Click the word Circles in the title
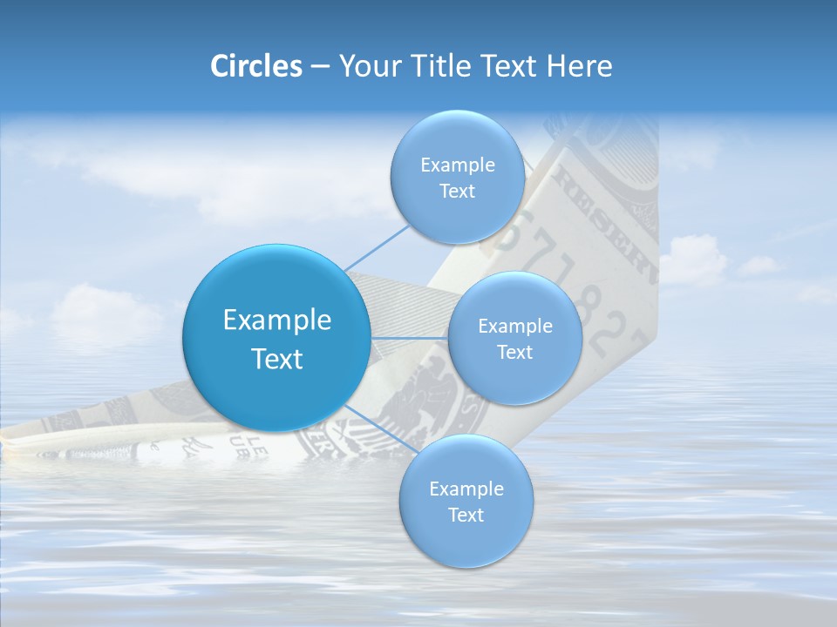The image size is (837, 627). coord(255,65)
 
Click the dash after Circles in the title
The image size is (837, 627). coord(319,66)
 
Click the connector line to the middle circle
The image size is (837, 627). coord(408,337)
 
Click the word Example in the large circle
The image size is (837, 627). coord(276,320)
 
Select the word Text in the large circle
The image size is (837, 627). coord(276,359)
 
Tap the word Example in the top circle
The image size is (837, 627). coord(458,165)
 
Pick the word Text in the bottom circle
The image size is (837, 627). coord(466,516)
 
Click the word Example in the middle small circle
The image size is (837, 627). coord(515,327)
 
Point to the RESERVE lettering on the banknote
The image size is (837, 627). coord(601,218)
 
